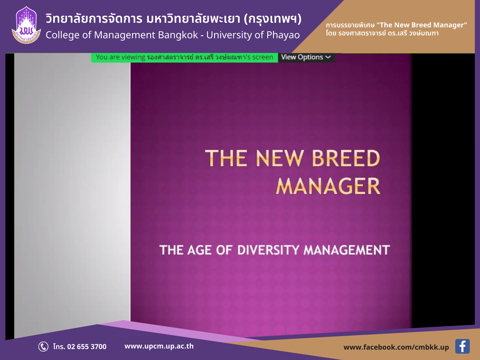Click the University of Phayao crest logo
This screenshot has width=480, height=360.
pos(26,25)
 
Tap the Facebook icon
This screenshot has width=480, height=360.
pos(462,346)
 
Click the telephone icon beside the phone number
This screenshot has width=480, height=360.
pos(43,346)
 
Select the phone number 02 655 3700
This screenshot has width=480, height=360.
pos(87,346)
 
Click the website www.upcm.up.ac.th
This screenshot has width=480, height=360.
pos(159,346)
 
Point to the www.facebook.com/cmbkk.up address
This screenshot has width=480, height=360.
pos(396,347)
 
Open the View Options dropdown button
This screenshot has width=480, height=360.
pos(306,57)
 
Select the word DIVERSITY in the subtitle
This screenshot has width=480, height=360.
pos(268,250)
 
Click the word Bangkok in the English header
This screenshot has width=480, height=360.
pos(178,35)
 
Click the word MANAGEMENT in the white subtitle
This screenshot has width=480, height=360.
pos(346,250)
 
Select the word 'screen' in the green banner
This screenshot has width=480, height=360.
pos(262,57)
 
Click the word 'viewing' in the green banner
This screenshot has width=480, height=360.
pos(133,58)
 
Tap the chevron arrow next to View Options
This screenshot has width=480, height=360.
pos(328,57)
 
